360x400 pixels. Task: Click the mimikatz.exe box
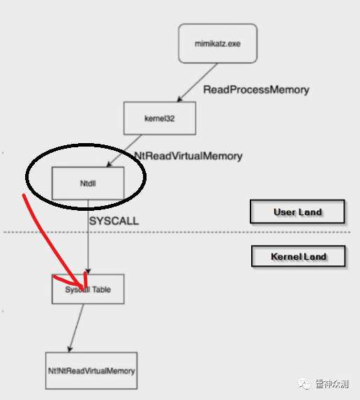[218, 43]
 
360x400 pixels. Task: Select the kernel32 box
[160, 118]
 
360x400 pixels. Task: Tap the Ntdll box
[88, 183]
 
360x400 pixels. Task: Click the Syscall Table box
[88, 289]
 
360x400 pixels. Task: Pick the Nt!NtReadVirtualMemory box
[91, 371]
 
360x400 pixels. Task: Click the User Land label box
[297, 212]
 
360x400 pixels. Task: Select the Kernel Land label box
[299, 256]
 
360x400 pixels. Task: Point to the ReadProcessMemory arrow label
[256, 90]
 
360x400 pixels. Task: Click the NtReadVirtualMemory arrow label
[188, 156]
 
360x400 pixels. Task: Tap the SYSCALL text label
[114, 221]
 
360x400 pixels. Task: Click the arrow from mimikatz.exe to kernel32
[197, 82]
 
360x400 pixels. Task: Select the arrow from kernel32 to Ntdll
[124, 151]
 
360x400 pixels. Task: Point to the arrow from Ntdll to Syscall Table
[88, 237]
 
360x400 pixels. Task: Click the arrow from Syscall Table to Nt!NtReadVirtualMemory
[76, 328]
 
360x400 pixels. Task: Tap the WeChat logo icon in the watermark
[304, 383]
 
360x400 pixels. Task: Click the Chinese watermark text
[331, 384]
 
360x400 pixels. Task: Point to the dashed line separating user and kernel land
[177, 232]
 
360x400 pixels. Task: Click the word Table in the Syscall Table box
[101, 289]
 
